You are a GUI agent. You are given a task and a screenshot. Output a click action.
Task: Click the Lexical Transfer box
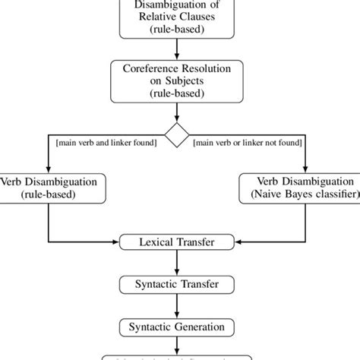click(177, 242)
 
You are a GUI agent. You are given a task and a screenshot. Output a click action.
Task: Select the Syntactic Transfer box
click(177, 285)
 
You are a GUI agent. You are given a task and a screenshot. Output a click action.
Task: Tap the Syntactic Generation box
click(177, 327)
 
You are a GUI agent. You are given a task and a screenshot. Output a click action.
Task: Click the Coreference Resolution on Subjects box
click(177, 80)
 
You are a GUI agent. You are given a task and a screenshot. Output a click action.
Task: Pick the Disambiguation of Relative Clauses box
click(177, 20)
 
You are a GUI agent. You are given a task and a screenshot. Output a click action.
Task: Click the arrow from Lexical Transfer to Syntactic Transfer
click(177, 264)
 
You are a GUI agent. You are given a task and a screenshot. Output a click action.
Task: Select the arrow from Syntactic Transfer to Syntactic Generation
click(177, 306)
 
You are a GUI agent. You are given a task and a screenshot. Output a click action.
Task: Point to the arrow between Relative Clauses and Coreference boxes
click(177, 49)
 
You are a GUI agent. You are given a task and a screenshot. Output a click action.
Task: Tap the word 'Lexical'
click(157, 242)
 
